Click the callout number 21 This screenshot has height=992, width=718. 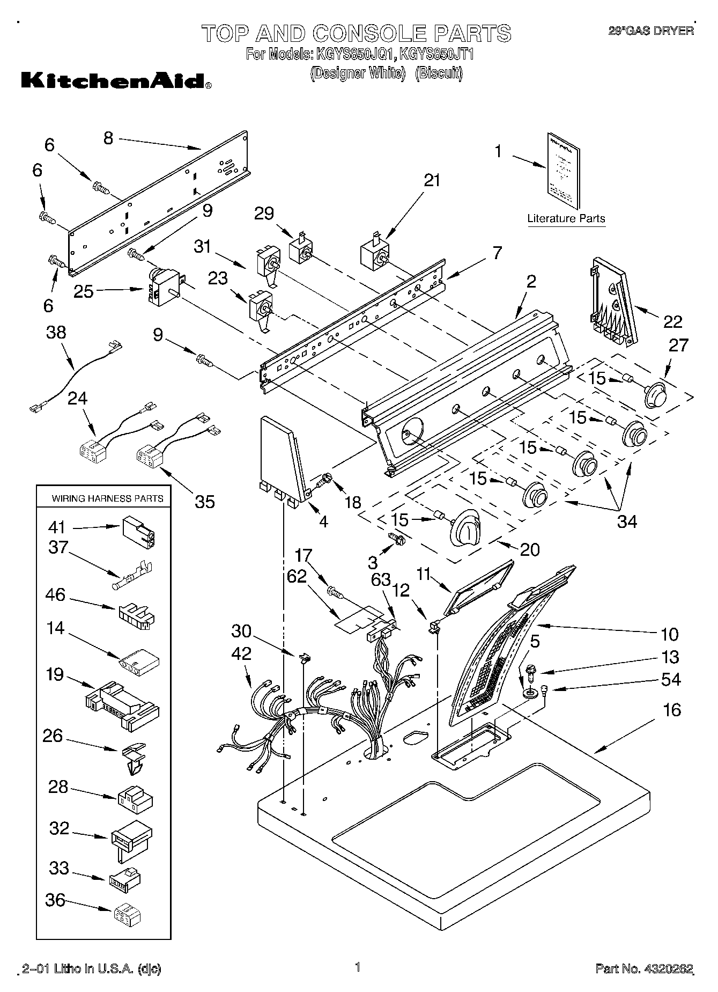(x=432, y=181)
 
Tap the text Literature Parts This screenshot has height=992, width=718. (x=566, y=219)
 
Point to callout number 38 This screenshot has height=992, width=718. (x=56, y=333)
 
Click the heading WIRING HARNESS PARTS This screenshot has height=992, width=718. (x=107, y=498)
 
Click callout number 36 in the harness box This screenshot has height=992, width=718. (x=56, y=901)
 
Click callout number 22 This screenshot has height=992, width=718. (x=673, y=321)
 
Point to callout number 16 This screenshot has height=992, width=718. (x=672, y=710)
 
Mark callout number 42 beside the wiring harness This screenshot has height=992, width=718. (x=242, y=654)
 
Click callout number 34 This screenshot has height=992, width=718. (x=627, y=521)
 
